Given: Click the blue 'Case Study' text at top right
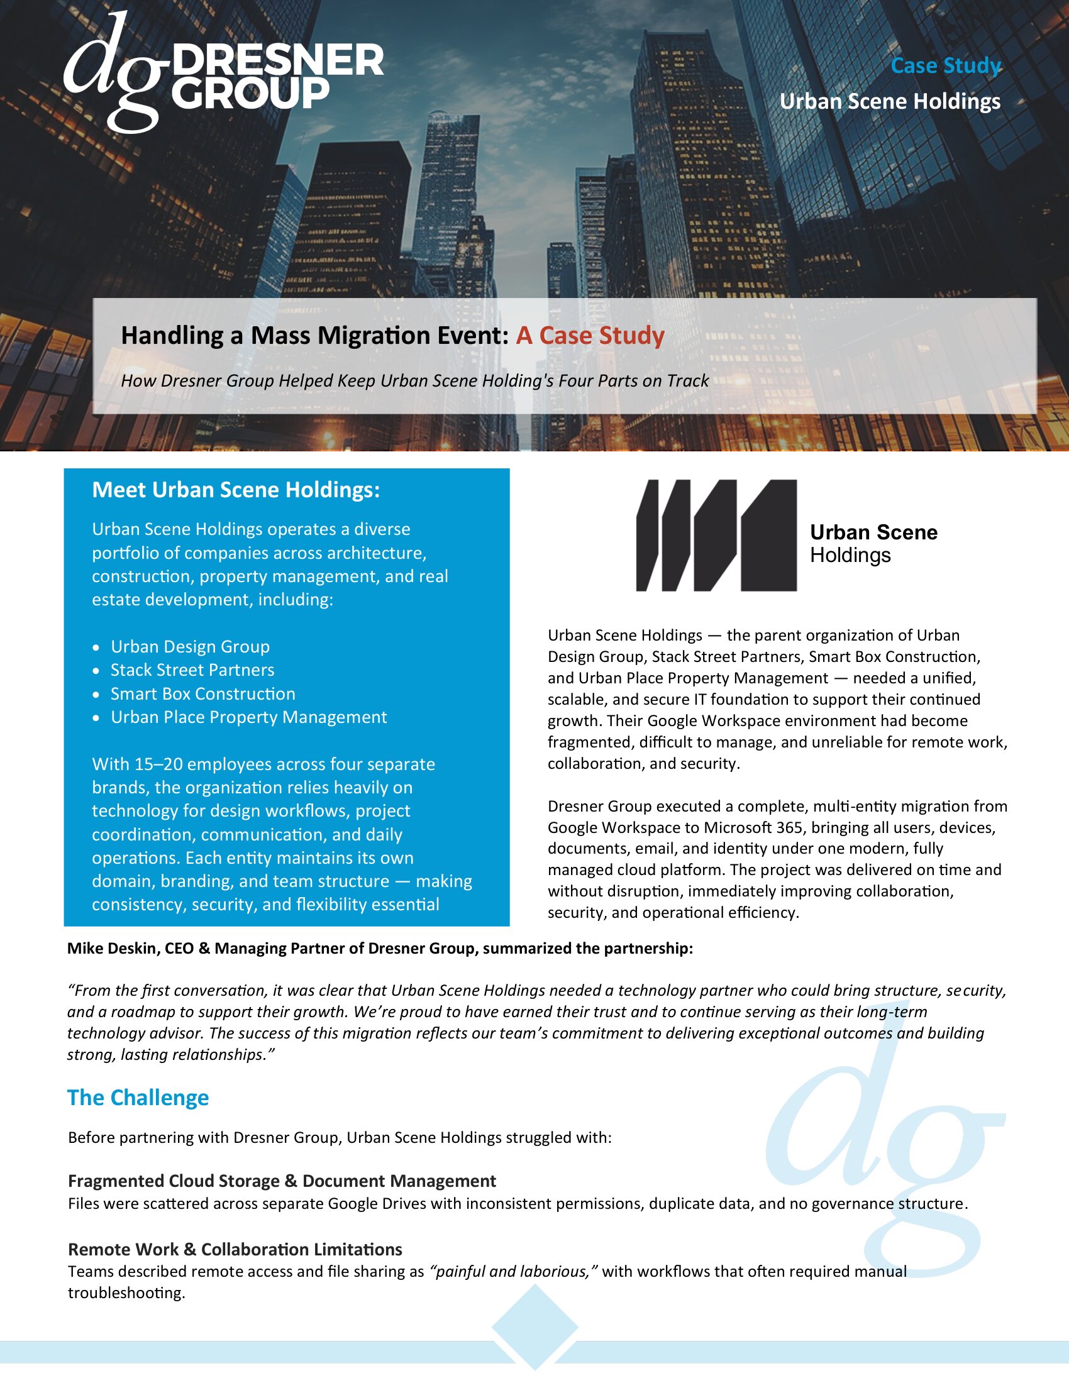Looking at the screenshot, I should pos(946,65).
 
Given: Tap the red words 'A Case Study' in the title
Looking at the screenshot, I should pos(590,335).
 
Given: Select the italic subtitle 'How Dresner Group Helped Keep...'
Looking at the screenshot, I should pos(415,380).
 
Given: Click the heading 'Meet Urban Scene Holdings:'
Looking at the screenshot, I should pos(236,490).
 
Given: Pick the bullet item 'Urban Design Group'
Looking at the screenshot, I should pos(190,646).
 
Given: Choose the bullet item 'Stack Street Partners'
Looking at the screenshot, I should pos(192,670).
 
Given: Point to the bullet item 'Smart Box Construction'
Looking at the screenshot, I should pos(202,693).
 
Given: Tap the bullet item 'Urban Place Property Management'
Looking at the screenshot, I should pos(248,717).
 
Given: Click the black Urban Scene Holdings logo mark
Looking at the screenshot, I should pos(716,535).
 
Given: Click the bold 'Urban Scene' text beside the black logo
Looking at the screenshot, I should pos(873,532).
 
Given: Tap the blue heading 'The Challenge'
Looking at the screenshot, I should pos(138,1098).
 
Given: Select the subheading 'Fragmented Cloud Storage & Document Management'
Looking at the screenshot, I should pos(282,1181).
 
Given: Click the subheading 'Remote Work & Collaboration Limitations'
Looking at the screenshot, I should pos(235,1249).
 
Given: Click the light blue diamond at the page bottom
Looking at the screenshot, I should pos(534,1327).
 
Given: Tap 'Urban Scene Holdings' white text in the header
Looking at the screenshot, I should pos(890,101).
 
